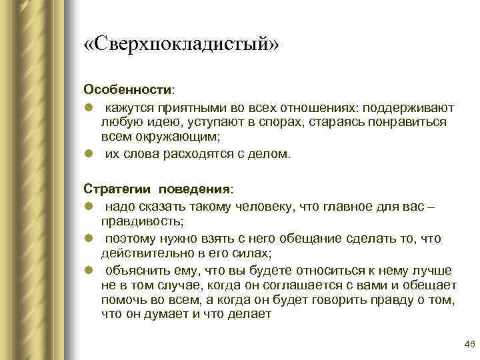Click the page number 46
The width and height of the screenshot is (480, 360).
pos(469,344)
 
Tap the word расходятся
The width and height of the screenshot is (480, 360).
pos(198,154)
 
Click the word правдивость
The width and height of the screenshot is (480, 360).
pos(141,222)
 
